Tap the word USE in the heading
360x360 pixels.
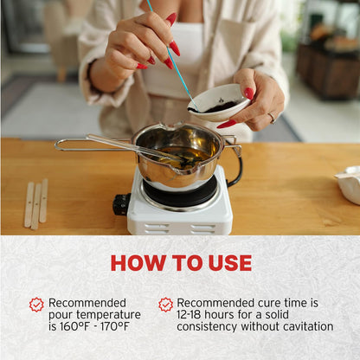coord(230,263)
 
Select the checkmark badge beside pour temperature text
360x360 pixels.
coord(36,305)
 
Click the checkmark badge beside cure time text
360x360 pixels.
coord(166,305)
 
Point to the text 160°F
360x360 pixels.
coord(74,326)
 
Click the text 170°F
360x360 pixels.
coord(115,326)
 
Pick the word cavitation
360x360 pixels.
coord(308,326)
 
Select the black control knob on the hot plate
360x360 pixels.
coord(121,204)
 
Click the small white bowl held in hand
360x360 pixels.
coord(218,102)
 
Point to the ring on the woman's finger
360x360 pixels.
coord(272,118)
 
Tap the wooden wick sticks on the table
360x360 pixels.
coord(36,203)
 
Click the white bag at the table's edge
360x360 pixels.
coord(349,184)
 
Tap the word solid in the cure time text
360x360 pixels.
coord(277,315)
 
